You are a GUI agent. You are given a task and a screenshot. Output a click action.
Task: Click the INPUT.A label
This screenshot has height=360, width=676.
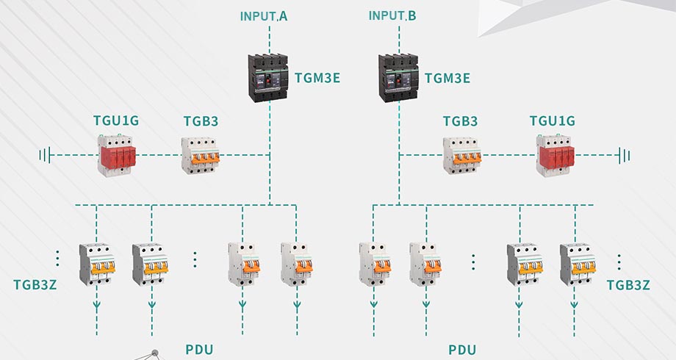[x=264, y=15]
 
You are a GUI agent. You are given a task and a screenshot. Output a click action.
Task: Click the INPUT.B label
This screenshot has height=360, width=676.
[x=392, y=15]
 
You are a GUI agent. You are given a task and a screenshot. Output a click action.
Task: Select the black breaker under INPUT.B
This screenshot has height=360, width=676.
[x=398, y=76]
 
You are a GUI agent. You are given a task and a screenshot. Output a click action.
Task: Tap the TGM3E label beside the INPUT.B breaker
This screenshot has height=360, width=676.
[x=447, y=77]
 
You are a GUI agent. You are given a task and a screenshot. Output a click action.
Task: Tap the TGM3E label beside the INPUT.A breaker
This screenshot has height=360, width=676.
[x=317, y=77]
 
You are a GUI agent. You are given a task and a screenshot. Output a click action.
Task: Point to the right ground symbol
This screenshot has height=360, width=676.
[x=625, y=155]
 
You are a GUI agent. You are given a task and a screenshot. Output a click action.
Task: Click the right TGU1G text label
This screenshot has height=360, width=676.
[x=553, y=120]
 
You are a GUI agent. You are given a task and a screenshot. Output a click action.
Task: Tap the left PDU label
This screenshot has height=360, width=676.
[x=198, y=349]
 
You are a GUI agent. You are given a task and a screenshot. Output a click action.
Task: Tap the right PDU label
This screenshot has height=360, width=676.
[x=463, y=349]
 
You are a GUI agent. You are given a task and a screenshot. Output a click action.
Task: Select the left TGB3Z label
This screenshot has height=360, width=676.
[x=35, y=284]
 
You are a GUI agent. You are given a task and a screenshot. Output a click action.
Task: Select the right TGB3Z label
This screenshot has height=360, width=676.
[x=628, y=284]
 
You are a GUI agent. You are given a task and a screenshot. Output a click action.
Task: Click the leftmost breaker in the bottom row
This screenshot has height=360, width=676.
[x=97, y=264]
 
